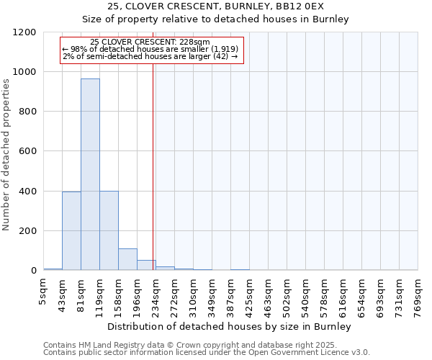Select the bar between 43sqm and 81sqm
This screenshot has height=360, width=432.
71,230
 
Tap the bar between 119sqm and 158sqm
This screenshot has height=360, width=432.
109,230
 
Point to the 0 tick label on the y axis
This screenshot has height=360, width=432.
32,271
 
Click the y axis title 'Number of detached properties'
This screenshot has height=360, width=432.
6,155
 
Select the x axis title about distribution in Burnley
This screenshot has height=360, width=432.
229,326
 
